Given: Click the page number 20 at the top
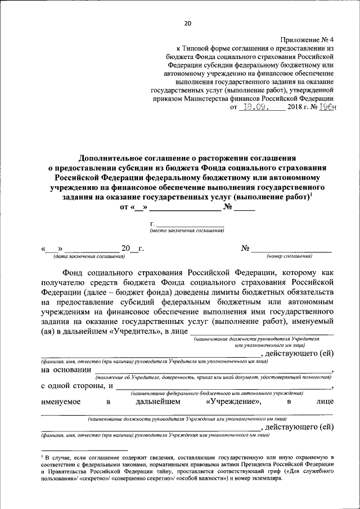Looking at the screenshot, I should [187, 23].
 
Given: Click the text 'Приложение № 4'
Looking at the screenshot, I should [307, 40].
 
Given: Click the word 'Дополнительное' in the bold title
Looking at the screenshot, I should [111, 159].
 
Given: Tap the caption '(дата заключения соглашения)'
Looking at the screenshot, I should [89, 256].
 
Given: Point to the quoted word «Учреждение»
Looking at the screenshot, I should [233, 402].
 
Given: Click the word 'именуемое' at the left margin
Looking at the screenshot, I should [60, 402].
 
